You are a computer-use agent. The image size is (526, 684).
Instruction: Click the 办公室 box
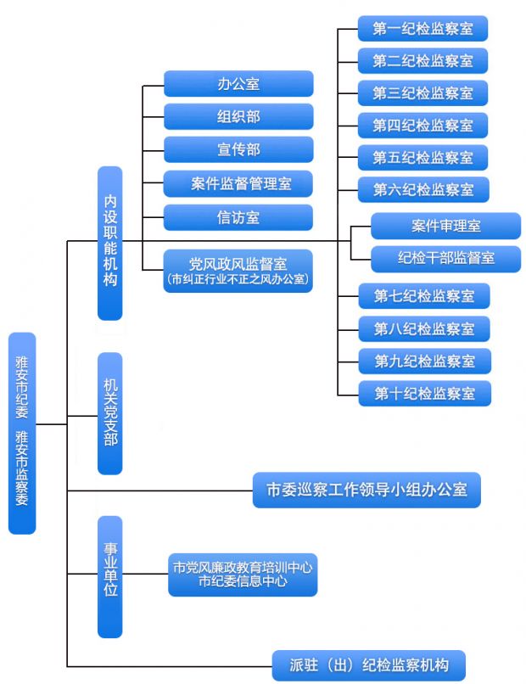[238, 83]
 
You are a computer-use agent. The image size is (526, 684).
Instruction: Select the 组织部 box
[238, 116]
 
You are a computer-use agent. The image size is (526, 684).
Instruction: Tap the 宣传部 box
[238, 149]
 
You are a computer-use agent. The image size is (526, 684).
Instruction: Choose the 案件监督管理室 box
[238, 183]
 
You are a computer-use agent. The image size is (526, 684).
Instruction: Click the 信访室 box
[238, 217]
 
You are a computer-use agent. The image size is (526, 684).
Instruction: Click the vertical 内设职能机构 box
[110, 243]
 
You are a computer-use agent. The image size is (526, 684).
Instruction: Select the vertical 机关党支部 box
[110, 413]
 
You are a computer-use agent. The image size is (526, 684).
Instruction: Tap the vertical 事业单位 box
[110, 576]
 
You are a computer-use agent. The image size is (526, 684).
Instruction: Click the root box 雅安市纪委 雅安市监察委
[22, 433]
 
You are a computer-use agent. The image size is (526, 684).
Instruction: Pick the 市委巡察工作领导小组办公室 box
[367, 490]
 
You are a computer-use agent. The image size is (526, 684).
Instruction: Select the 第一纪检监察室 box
[422, 29]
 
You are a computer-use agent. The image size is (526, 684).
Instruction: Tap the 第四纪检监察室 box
[422, 126]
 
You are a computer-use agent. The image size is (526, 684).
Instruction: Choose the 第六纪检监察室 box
[422, 189]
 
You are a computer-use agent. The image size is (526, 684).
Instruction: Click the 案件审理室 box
[446, 226]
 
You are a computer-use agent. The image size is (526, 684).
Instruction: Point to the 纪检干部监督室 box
[446, 258]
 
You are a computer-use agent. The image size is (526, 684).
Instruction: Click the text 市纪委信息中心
[243, 582]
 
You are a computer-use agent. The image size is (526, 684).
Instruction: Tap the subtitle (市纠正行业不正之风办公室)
[238, 278]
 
